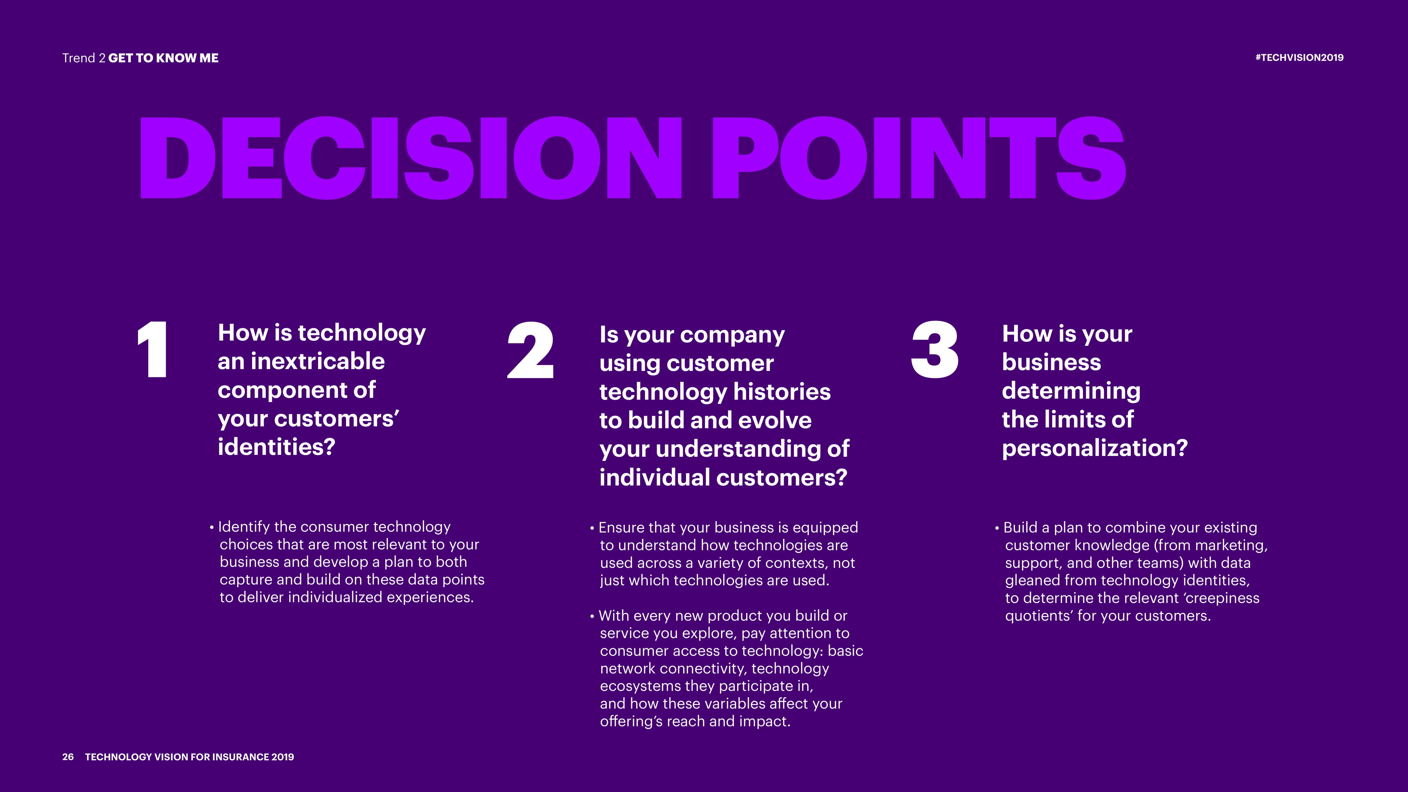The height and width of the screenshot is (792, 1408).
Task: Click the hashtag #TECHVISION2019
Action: point(1299,57)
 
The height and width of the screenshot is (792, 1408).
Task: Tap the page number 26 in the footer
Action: point(68,757)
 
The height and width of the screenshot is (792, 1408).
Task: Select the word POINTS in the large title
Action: point(918,158)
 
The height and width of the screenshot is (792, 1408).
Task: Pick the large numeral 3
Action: point(935,350)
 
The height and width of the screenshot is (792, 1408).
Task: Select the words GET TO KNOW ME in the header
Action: point(163,58)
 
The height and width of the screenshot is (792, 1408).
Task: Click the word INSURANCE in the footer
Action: point(240,757)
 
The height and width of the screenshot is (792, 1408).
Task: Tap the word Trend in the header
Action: point(79,58)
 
